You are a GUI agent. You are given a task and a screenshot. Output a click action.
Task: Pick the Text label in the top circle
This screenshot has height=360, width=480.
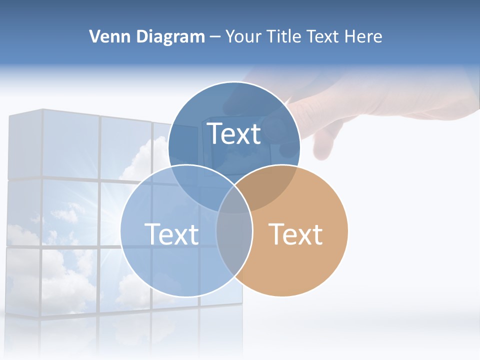click(234, 133)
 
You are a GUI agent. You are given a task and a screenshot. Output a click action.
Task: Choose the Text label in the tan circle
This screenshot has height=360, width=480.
click(296, 234)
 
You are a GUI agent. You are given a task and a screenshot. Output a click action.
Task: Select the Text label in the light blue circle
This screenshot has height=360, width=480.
click(171, 234)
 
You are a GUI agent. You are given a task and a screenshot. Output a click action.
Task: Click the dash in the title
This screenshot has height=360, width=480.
click(215, 37)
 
